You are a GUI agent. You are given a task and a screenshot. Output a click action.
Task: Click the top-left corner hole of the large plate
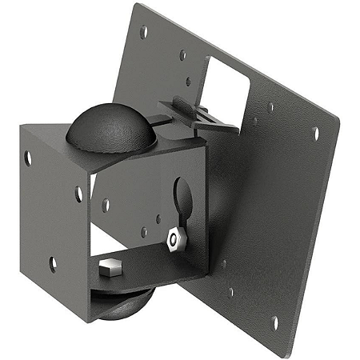pos(144,33)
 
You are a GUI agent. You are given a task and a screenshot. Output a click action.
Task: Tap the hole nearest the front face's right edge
pos(78,193)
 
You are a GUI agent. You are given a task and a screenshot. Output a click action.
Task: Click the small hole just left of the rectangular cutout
pos(182,55)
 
